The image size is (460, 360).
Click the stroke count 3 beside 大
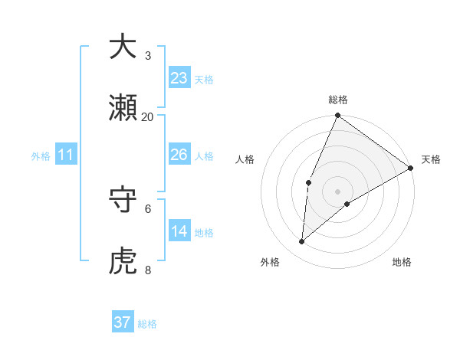148,55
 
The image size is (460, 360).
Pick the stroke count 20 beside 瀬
148,116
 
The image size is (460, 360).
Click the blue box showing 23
179,78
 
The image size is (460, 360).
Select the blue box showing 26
179,155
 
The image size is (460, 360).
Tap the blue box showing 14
179,231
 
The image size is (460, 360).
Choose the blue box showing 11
65,155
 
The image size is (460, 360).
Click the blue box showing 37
123,322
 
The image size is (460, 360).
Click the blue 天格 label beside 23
203,80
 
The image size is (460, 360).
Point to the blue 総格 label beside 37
147,324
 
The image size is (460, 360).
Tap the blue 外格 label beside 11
41,156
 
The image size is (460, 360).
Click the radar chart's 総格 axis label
338,100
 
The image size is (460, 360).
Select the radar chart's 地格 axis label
402,263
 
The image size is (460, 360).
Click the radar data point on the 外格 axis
302,242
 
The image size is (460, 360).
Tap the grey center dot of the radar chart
338,191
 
